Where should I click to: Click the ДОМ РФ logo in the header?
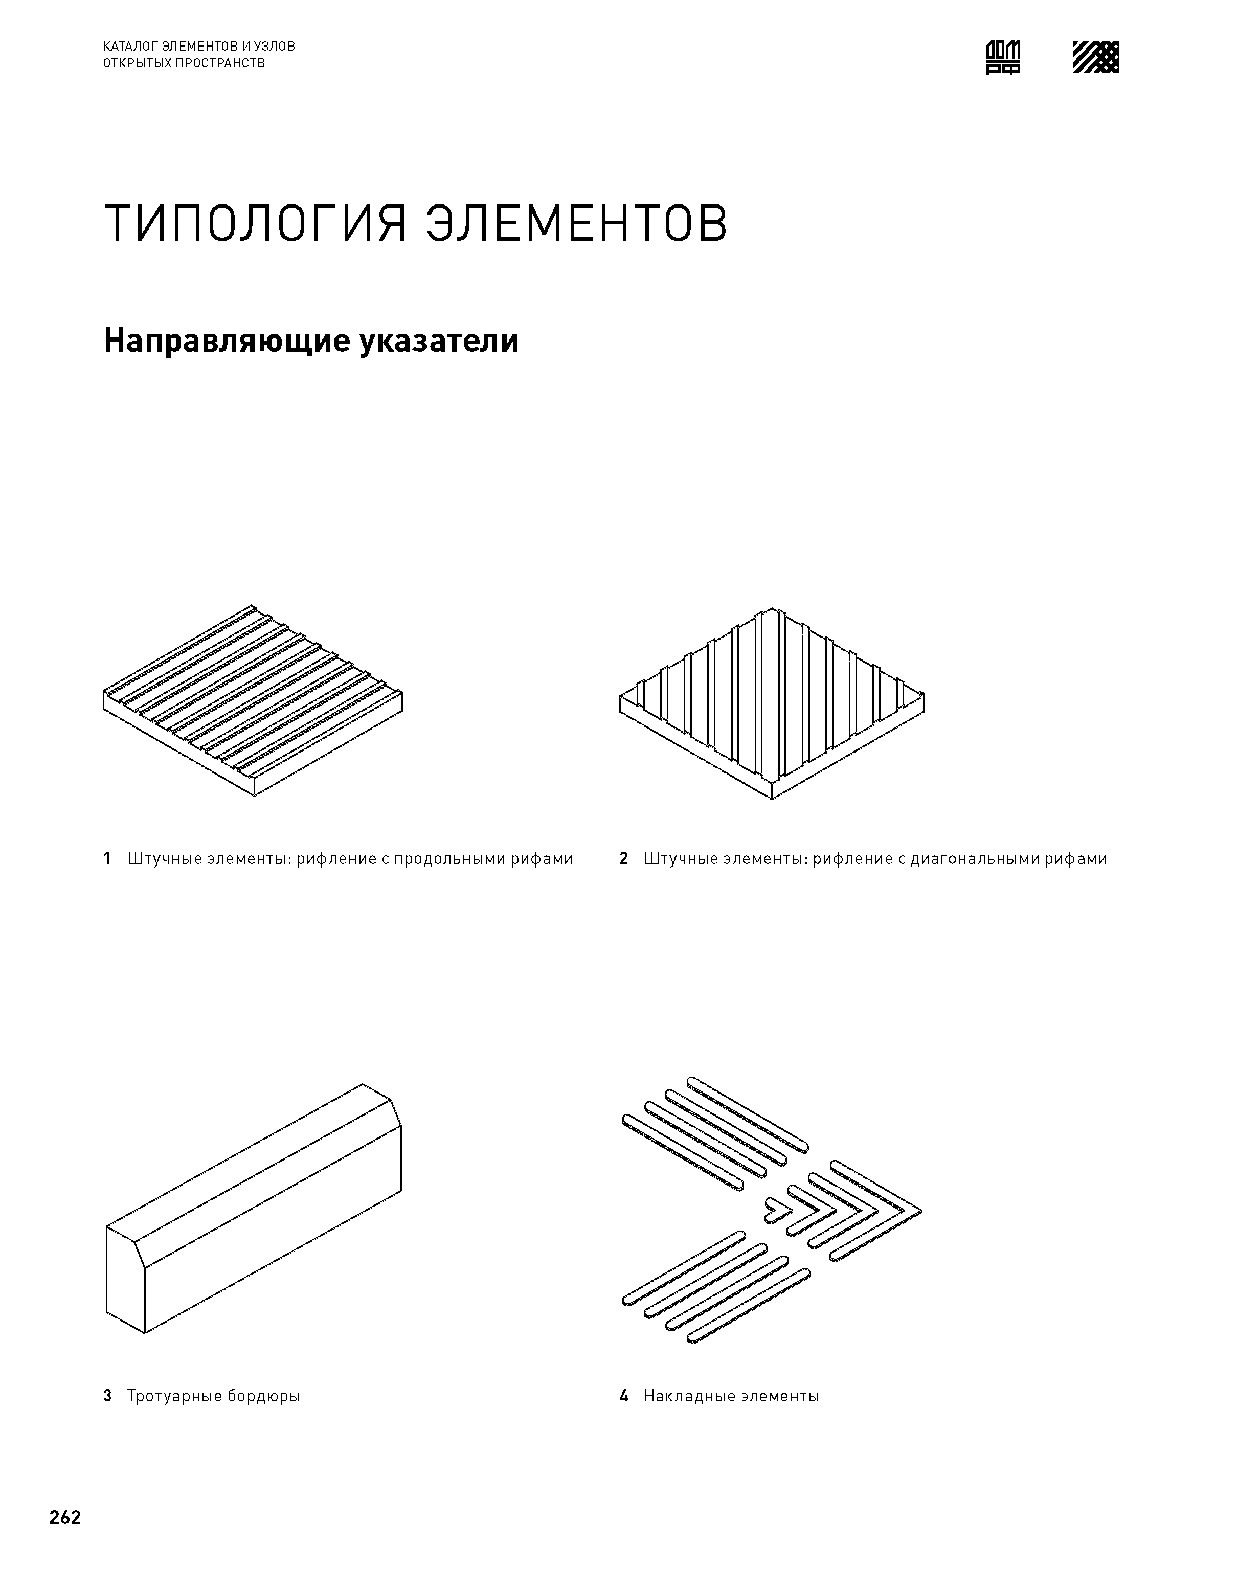[x=1003, y=57]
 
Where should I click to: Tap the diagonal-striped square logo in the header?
[x=1095, y=57]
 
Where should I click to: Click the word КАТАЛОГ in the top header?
[x=128, y=47]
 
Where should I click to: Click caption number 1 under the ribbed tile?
[x=107, y=859]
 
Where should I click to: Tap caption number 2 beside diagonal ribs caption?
[x=623, y=859]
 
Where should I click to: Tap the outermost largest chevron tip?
[x=917, y=1211]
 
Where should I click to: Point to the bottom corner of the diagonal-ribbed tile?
[x=772, y=797]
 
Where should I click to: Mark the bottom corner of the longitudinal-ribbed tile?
[x=255, y=794]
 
